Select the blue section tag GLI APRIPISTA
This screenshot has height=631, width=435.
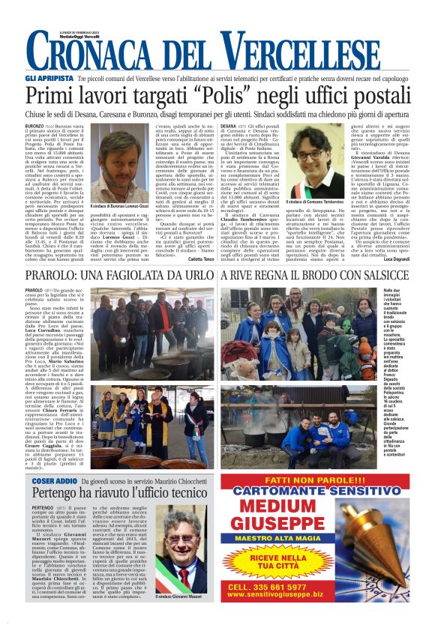[49, 77]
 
